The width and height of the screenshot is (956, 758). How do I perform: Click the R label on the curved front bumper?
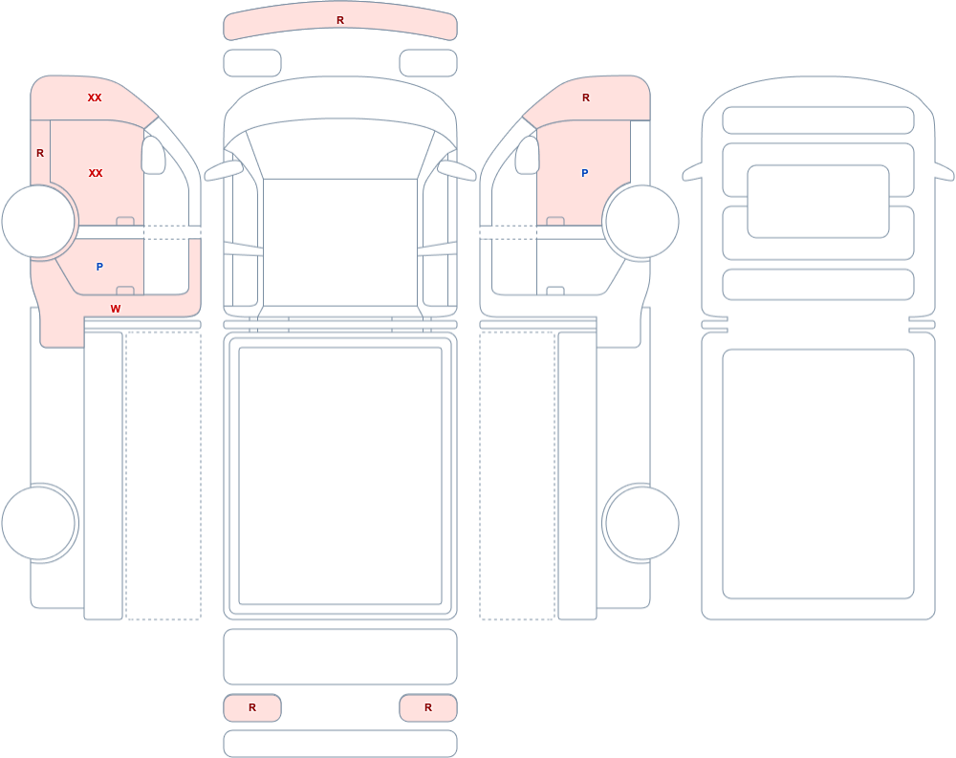click(x=340, y=20)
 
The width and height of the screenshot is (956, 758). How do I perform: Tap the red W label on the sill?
click(x=116, y=309)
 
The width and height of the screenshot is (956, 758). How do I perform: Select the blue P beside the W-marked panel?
click(x=99, y=267)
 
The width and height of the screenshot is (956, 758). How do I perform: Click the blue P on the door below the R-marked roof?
click(x=585, y=173)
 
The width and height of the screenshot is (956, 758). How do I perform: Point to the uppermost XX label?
click(x=95, y=97)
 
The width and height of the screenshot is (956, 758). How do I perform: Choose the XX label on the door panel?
click(x=96, y=173)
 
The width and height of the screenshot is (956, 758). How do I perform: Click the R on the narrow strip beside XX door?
click(x=40, y=153)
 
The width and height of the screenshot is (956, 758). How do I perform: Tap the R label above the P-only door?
click(x=586, y=97)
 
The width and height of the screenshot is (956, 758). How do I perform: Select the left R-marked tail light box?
click(x=252, y=707)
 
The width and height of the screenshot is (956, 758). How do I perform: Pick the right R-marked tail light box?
click(x=428, y=707)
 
